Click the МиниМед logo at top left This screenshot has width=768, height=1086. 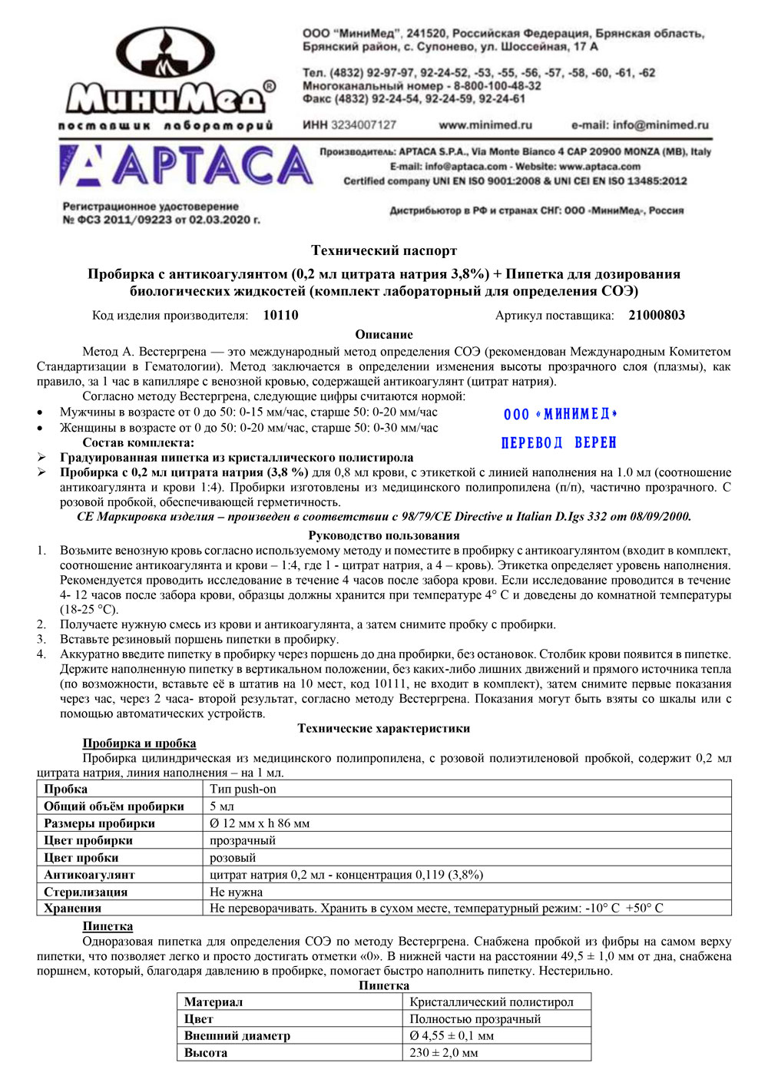pyautogui.click(x=167, y=78)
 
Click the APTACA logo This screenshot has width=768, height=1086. pyautogui.click(x=187, y=167)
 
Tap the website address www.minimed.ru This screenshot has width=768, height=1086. pyautogui.click(x=485, y=124)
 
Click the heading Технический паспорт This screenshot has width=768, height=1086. pyautogui.click(x=384, y=250)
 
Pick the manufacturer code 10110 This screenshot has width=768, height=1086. pyautogui.click(x=280, y=315)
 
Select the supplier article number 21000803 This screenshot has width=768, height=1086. pyautogui.click(x=657, y=315)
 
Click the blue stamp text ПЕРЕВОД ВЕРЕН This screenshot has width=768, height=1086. pyautogui.click(x=558, y=443)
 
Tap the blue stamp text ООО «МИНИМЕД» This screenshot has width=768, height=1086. pyautogui.click(x=561, y=414)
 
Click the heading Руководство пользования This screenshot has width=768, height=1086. pyautogui.click(x=384, y=535)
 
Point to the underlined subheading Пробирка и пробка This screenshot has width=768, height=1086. pyautogui.click(x=139, y=743)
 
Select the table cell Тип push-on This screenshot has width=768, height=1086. pyautogui.click(x=243, y=789)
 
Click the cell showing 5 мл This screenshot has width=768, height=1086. pyautogui.click(x=222, y=806)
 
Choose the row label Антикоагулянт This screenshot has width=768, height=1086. pyautogui.click(x=89, y=875)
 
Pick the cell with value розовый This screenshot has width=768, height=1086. pyautogui.click(x=233, y=858)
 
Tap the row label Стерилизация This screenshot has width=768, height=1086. pyautogui.click(x=86, y=892)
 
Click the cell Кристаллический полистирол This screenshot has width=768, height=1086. pyautogui.click(x=492, y=1002)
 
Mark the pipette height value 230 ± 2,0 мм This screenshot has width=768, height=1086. pyautogui.click(x=444, y=1052)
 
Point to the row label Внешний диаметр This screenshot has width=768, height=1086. pyautogui.click(x=237, y=1035)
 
